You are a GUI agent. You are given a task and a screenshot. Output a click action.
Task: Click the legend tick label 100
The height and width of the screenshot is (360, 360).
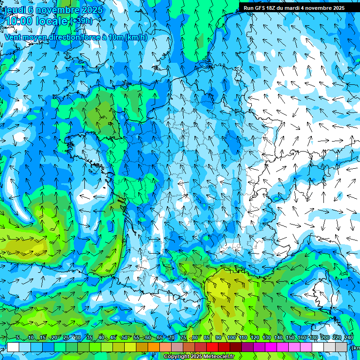(232, 337)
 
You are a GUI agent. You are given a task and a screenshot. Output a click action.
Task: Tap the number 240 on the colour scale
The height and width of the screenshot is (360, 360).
(349, 337)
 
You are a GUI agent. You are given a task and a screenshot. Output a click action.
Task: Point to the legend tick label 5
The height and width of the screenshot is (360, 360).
(17, 337)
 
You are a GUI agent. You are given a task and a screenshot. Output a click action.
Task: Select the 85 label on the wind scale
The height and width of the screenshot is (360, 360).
(207, 337)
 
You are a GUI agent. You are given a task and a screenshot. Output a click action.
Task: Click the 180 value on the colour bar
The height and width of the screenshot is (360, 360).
(313, 337)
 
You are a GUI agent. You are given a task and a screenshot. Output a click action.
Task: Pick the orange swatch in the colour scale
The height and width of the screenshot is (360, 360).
(154, 347)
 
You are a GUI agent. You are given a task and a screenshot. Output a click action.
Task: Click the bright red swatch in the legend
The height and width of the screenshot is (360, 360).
(212, 347)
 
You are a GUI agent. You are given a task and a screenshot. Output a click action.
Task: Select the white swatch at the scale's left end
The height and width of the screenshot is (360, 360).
(13, 347)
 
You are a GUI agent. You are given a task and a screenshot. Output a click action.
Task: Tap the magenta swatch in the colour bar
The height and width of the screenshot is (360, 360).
(271, 347)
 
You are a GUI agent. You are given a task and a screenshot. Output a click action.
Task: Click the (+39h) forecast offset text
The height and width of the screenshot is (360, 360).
(81, 22)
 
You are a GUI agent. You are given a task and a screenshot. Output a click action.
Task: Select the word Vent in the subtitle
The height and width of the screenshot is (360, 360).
(13, 37)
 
